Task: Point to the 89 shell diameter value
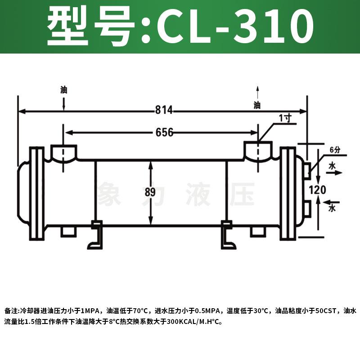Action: point(150,193)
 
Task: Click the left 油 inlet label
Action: point(63,90)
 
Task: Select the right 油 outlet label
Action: point(257,105)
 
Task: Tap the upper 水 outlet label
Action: point(333,166)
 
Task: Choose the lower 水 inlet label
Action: point(333,208)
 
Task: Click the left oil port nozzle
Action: point(63,153)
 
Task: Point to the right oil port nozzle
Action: point(258,152)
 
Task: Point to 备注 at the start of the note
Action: point(11,311)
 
